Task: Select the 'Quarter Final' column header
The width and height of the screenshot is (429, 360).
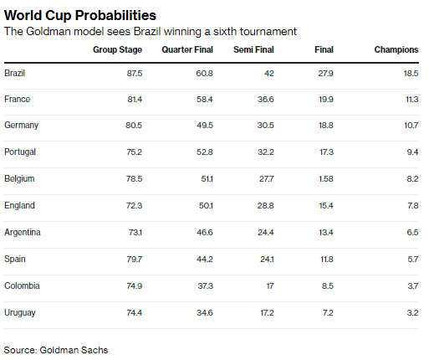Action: tap(188, 50)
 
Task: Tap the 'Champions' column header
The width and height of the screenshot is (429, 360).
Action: tap(396, 50)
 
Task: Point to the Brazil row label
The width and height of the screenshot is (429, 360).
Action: tap(15, 73)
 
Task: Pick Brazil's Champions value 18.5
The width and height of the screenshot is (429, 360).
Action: tap(409, 73)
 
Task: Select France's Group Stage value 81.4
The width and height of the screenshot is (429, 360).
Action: tap(133, 100)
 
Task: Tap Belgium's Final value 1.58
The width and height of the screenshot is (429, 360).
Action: tap(325, 179)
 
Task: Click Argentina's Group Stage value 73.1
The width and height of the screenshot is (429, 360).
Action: tap(134, 232)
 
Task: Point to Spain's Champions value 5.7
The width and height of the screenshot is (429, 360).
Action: tap(411, 259)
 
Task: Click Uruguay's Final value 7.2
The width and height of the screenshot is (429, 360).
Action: tap(328, 312)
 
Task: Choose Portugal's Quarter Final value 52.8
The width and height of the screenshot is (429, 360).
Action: tap(202, 152)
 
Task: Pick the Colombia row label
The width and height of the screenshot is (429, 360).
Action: tap(22, 285)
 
